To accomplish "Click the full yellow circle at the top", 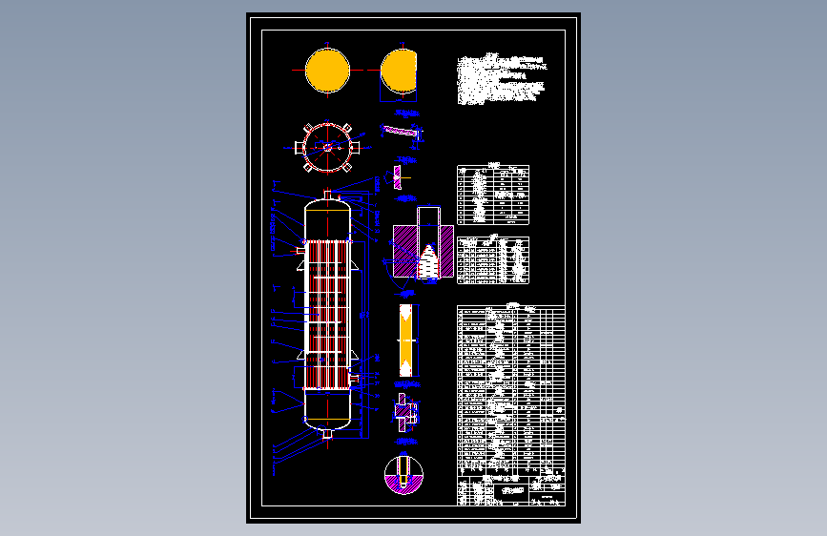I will click(327, 72).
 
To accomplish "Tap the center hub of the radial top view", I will click(327, 147).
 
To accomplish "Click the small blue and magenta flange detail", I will click(403, 412).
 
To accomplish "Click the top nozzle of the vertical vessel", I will click(327, 196).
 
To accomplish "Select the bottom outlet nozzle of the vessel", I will click(327, 434).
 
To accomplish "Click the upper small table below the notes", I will click(493, 194).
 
